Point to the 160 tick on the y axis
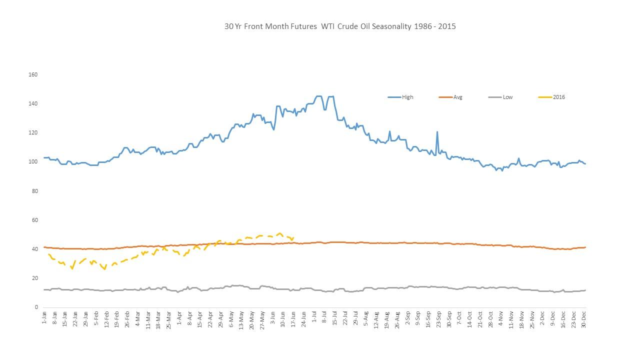click(x=33, y=74)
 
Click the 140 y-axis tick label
click(x=33, y=103)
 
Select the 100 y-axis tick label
click(x=33, y=161)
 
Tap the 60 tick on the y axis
click(x=34, y=220)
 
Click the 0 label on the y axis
click(x=35, y=307)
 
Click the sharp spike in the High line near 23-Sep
click(x=437, y=132)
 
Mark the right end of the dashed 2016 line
click(x=293, y=238)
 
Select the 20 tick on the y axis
click(x=34, y=278)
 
